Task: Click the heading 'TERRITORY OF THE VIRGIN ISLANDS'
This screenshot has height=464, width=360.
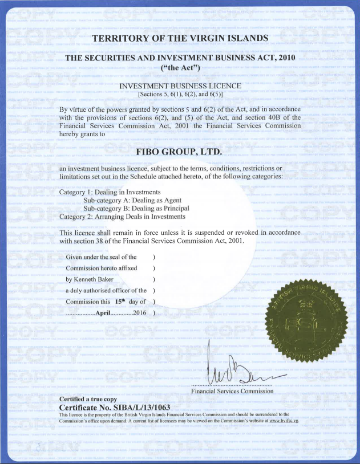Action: (x=180, y=38)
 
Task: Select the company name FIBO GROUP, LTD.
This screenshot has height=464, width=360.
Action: (x=180, y=152)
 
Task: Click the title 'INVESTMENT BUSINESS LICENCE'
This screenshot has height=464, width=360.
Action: (x=180, y=86)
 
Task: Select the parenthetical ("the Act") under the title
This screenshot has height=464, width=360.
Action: (x=180, y=69)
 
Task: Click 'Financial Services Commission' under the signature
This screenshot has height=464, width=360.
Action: (x=232, y=391)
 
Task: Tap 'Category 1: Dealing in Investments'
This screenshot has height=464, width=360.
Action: (x=110, y=192)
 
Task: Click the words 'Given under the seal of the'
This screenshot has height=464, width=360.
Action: (x=101, y=257)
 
